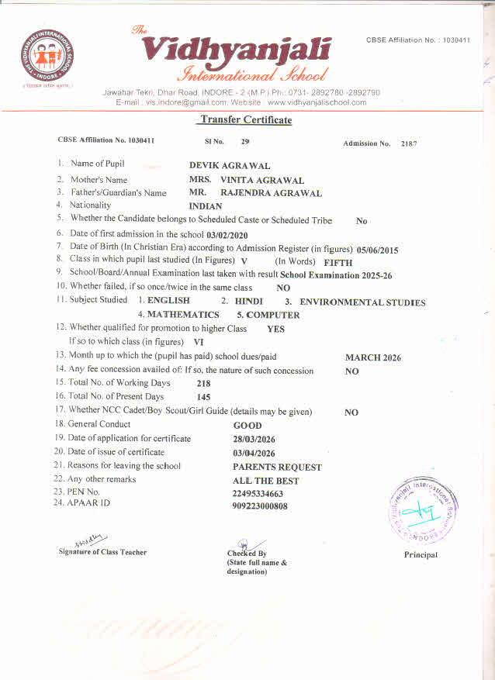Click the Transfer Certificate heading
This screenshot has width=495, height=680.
245,119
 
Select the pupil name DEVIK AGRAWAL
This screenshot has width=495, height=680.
230,165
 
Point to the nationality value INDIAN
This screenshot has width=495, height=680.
206,206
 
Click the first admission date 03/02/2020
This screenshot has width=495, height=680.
227,234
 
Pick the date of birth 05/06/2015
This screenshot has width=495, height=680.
377,250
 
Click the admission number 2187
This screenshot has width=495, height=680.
410,143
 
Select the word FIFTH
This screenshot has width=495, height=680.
337,262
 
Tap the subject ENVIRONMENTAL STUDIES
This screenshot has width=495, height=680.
362,302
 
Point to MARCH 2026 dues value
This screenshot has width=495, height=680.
373,357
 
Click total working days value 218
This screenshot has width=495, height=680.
204,383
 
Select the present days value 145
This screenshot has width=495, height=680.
204,397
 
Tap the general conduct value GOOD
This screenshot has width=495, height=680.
247,425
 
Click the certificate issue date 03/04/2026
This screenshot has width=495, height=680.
254,453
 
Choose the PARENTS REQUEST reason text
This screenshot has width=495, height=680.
277,467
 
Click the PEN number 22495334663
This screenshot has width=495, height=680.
258,493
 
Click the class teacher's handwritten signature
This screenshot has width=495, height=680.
92,540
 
